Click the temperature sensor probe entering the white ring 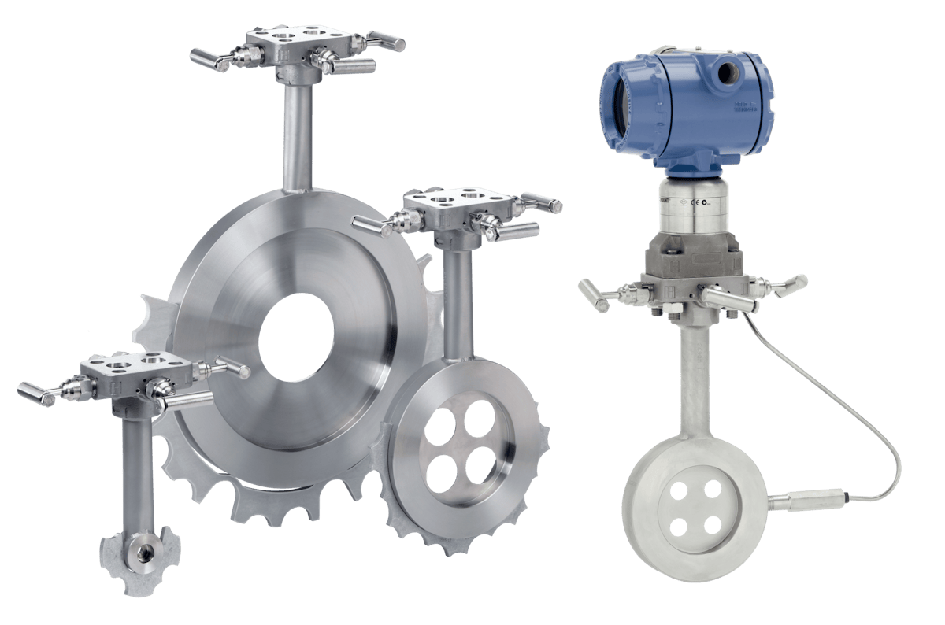[803, 499]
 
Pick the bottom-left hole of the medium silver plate [439, 472]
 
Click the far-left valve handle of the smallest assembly [36, 393]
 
